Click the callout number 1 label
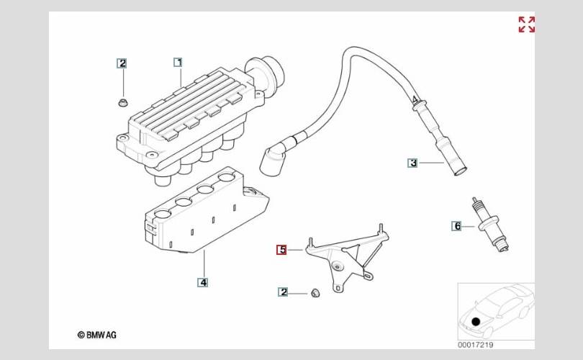[x=178, y=63]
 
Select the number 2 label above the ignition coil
[x=122, y=63]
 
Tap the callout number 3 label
[x=412, y=163]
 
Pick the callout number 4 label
[x=203, y=282]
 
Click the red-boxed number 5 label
[x=282, y=250]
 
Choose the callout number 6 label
[x=456, y=226]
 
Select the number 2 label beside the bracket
[x=283, y=292]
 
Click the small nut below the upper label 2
[x=122, y=99]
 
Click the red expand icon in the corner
[x=527, y=24]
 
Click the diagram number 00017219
[x=476, y=345]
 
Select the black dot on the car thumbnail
[x=476, y=323]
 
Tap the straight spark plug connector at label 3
[x=440, y=140]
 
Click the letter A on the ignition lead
[x=415, y=99]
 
